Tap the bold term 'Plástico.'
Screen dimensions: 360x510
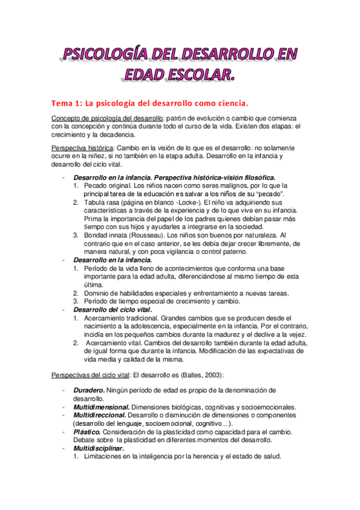pyautogui.click(x=87, y=431)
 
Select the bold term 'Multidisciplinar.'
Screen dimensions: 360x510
pyautogui.click(x=99, y=448)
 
